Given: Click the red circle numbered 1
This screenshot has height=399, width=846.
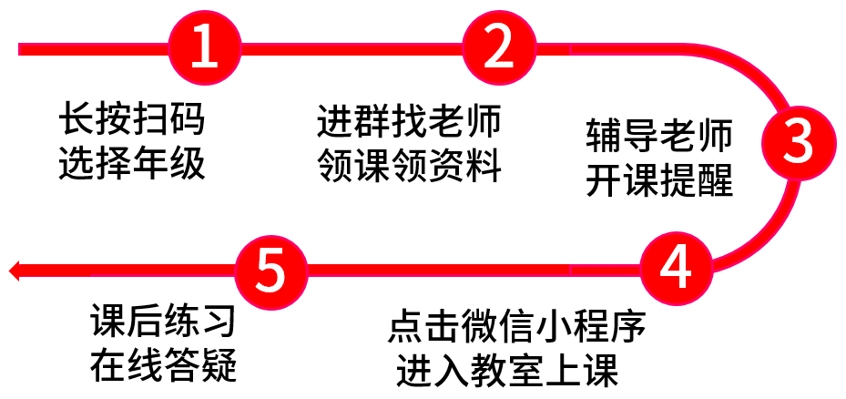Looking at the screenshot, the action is [205, 48].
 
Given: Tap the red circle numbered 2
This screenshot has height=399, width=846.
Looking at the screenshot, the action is [497, 48].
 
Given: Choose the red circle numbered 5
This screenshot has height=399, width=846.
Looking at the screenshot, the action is [272, 270].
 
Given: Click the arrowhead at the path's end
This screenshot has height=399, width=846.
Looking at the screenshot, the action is [15, 270].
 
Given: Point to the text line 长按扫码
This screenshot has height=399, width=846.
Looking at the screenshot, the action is [132, 119].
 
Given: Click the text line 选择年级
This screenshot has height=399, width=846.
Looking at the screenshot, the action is [132, 164].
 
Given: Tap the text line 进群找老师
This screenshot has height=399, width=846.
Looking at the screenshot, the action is [409, 119].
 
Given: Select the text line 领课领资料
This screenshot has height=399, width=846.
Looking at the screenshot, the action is [409, 166].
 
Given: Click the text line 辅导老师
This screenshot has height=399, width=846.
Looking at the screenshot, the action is [659, 136].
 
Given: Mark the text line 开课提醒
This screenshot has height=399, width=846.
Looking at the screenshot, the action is [659, 180].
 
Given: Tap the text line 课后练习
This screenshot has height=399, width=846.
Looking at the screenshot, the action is [163, 321].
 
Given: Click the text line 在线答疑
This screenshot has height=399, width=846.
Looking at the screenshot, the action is [163, 365].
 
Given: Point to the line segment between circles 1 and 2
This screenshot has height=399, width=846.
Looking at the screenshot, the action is [351, 48].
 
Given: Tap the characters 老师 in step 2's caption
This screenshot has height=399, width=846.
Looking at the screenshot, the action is [465, 119].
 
